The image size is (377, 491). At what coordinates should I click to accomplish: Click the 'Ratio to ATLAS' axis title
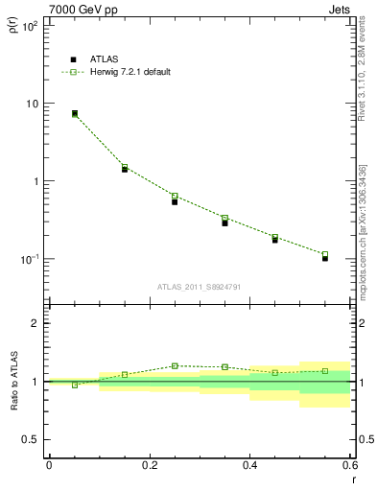13,382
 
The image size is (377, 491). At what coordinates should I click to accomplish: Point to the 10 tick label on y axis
32,104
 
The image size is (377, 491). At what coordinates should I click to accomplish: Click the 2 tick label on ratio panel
35,323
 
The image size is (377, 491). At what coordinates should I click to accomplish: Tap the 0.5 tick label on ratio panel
32,440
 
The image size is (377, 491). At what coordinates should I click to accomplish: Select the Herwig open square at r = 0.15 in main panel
125,167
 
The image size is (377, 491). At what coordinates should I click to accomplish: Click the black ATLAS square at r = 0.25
175,201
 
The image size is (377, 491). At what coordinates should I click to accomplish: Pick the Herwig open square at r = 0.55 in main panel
325,254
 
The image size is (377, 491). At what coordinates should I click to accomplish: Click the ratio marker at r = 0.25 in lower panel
175,365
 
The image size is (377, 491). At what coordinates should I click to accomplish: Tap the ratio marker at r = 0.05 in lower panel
75,385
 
